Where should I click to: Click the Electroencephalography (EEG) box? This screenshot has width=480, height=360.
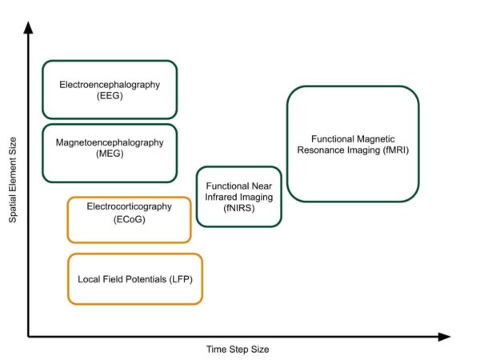tap(110, 90)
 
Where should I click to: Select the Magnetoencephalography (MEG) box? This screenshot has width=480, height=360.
tap(110, 153)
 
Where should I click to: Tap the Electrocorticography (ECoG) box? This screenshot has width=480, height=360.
tap(129, 219)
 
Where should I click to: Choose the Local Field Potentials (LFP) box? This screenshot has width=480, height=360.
tap(135, 279)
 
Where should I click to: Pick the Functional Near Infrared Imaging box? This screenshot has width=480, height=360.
tap(238, 197)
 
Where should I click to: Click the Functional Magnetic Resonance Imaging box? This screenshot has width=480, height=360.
tap(353, 144)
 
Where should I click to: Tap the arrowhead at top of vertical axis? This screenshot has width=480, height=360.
tap(29, 27)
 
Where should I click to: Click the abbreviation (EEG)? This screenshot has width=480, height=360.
tap(109, 96)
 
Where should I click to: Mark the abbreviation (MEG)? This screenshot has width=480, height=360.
tap(109, 154)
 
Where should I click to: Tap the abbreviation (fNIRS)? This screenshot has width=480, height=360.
tap(238, 207)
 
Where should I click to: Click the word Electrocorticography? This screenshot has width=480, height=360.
tap(129, 206)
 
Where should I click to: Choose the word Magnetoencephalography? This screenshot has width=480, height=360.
tap(109, 142)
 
